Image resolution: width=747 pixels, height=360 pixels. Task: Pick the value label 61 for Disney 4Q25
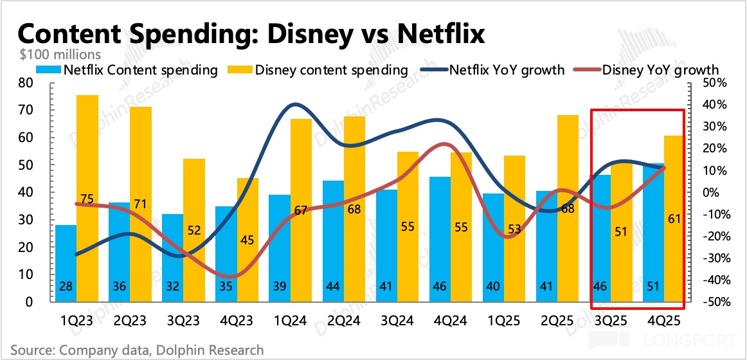(x=674, y=219)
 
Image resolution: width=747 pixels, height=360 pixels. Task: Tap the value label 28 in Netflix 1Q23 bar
(x=66, y=287)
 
